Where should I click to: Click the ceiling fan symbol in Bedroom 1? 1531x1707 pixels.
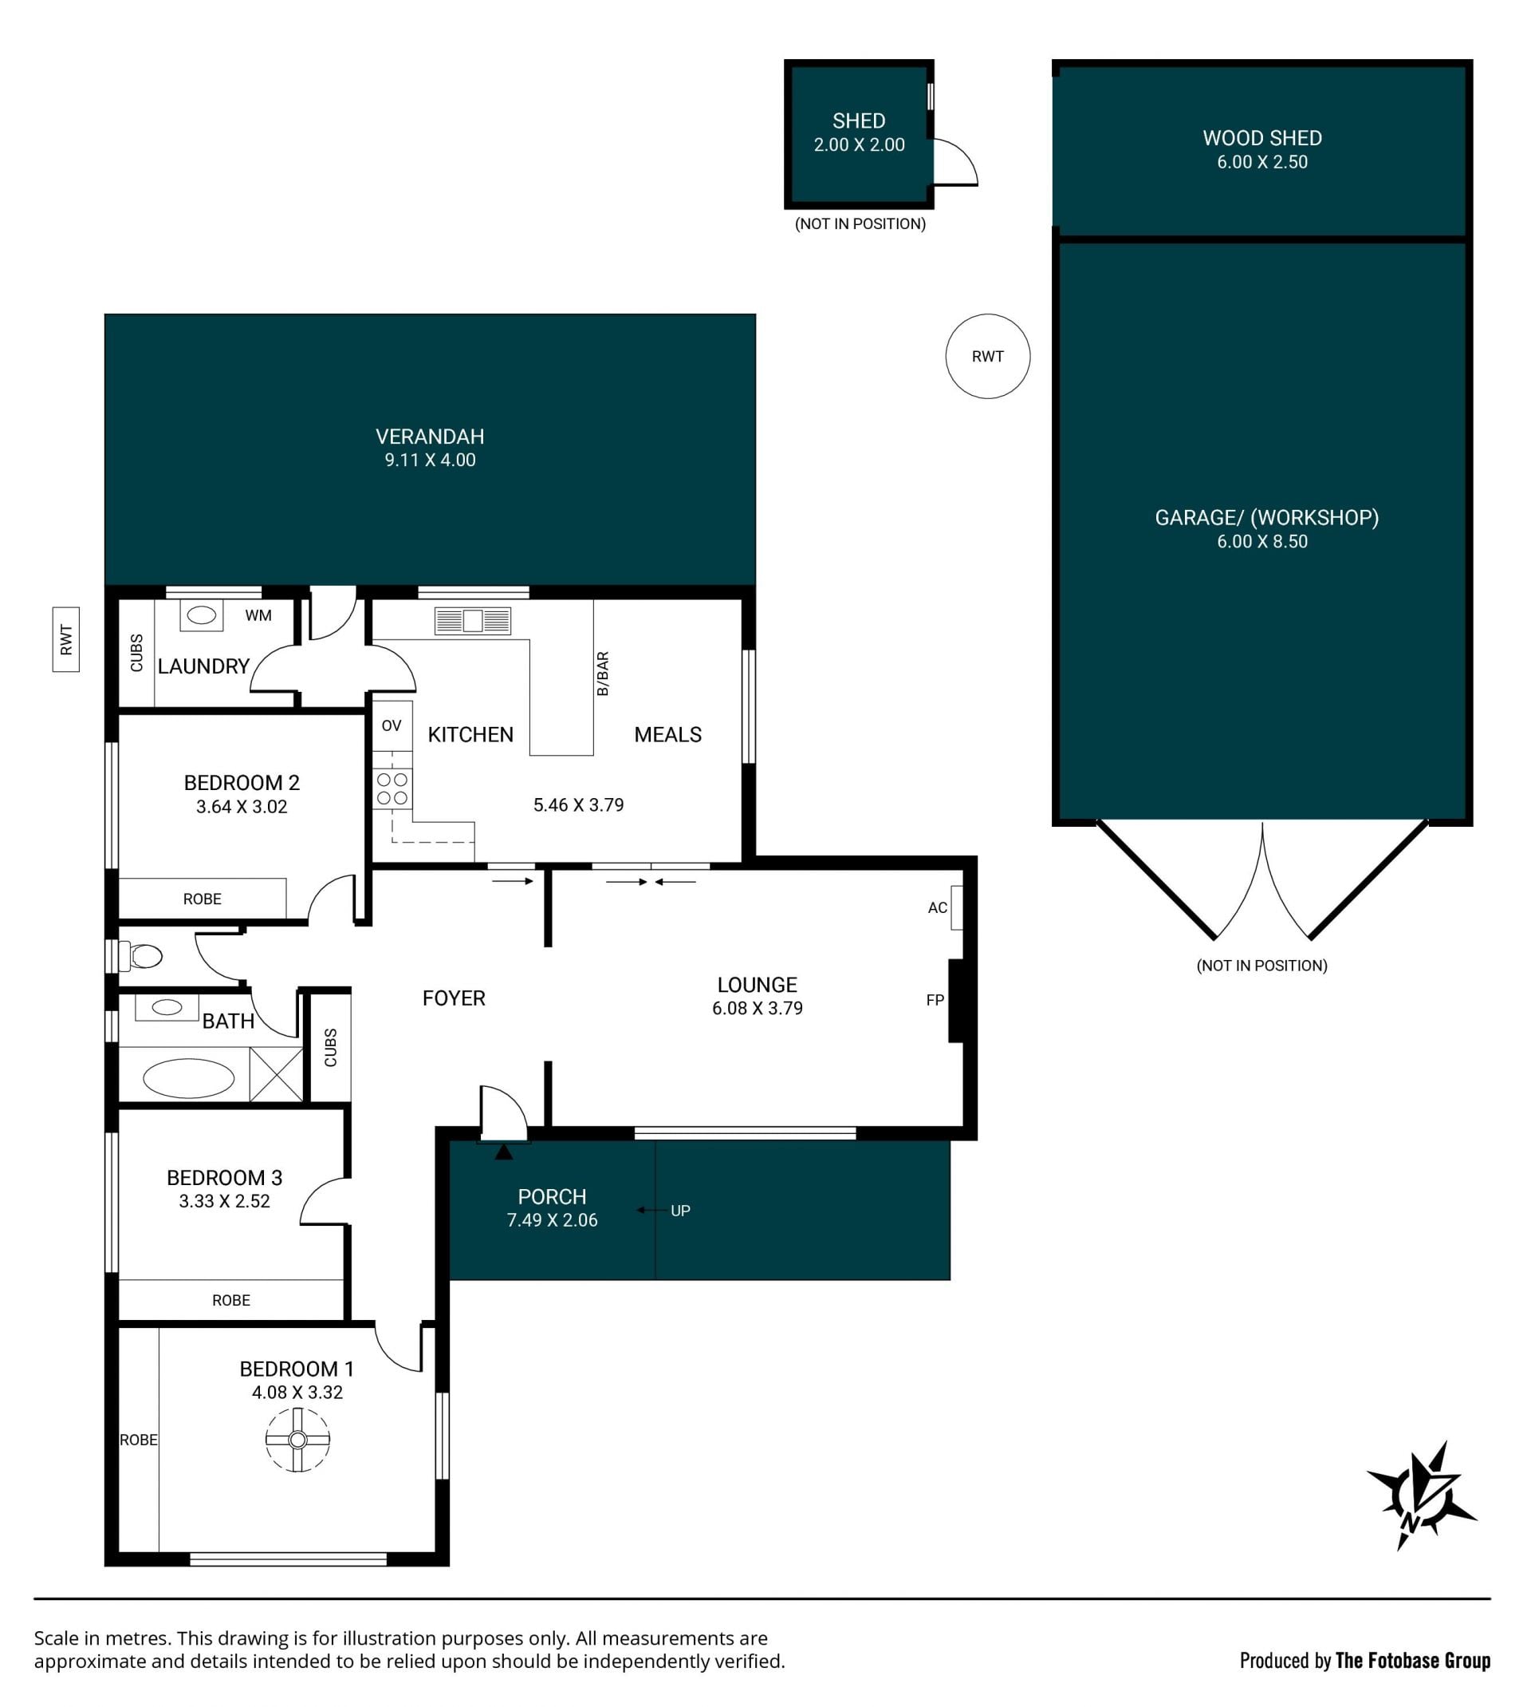[297, 1440]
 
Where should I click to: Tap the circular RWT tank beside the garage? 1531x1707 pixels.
[988, 356]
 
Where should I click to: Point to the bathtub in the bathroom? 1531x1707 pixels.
[188, 1078]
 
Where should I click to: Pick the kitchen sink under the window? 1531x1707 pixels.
[473, 621]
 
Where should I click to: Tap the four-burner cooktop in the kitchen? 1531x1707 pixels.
[393, 788]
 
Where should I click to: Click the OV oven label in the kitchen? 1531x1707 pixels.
[392, 725]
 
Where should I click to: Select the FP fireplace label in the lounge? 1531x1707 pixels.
[935, 1000]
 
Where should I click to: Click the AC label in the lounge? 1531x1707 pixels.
[937, 907]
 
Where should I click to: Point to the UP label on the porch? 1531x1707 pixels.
[680, 1211]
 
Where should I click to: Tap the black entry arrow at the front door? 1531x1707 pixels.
[504, 1152]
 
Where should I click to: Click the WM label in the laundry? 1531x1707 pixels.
[258, 615]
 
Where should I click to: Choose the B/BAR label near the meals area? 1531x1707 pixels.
[602, 674]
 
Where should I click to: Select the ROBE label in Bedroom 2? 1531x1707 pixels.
[203, 899]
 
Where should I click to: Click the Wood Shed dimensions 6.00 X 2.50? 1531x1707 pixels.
[1261, 162]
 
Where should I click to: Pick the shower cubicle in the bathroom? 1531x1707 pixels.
[276, 1073]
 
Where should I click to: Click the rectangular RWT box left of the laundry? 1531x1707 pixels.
[66, 640]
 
